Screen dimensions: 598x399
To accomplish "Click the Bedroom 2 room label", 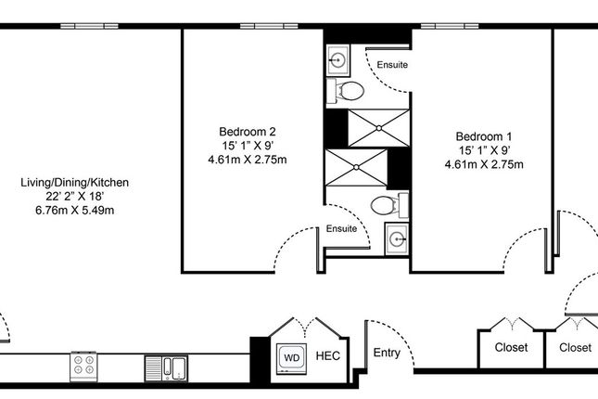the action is pos(248,132).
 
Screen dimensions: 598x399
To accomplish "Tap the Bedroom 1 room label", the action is pos(484,136).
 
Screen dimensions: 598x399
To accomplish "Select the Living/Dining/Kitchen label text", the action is pos(75,183).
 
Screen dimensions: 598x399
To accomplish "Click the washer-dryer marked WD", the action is pos(291,358).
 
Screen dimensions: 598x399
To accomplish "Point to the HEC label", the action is pos(328,356).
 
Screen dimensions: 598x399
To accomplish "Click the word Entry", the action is pos(387,353).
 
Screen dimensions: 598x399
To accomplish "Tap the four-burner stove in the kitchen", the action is pos(83,366).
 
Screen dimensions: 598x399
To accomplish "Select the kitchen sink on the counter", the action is pos(166,368).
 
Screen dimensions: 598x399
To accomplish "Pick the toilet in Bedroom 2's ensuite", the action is pos(389,205).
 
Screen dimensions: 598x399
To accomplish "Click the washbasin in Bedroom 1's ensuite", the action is pos(337,60).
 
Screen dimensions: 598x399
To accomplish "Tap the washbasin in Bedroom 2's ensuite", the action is pos(397,239).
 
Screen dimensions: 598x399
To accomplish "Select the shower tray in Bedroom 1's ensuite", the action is pos(378,128).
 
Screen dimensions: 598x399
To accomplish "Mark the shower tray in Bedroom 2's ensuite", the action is pos(356,168).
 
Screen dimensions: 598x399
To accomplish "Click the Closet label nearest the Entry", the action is pos(511,347).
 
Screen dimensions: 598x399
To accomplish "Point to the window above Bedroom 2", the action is pos(269,26).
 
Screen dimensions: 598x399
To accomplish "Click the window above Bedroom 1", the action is pos(450,26).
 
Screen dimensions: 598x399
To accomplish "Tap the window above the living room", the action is pos(89,26).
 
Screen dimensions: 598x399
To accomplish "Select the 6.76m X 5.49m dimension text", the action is pos(75,210).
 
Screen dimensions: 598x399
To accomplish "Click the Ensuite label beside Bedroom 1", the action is pos(392,65).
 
